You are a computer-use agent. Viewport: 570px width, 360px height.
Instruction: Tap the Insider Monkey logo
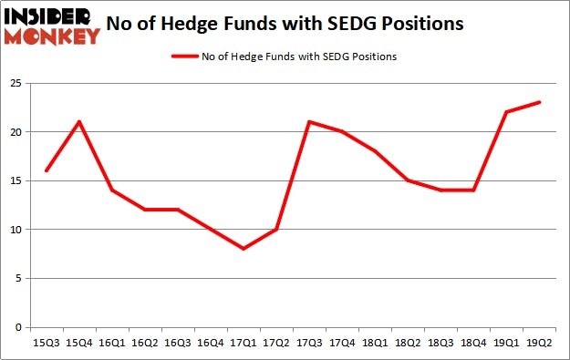51,26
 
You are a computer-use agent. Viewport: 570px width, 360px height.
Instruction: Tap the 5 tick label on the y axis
18,279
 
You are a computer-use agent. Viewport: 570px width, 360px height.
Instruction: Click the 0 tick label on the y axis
18,327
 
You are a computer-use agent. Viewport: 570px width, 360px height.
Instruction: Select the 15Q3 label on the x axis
46,343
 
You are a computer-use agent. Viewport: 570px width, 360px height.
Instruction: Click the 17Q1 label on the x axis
242,343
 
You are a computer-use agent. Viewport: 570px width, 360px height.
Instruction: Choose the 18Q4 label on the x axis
471,343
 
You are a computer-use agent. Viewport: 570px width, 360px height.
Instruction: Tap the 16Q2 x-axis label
143,343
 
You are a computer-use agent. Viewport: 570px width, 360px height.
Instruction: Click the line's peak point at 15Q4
78,122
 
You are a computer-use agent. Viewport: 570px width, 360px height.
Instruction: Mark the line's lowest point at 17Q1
242,249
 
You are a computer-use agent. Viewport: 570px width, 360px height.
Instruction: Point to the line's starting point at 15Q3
46,170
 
